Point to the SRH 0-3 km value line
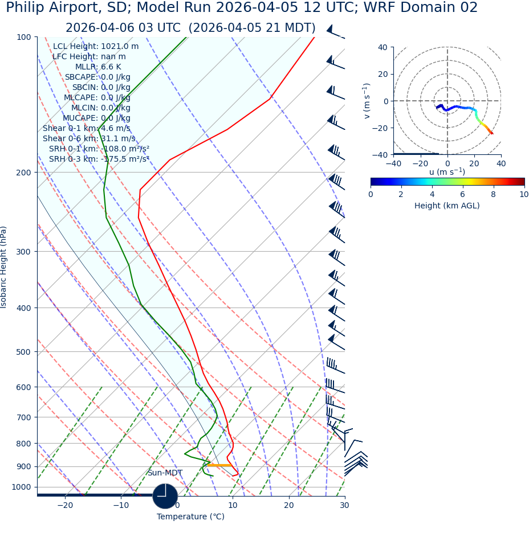tap(99, 159)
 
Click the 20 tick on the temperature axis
tap(288, 506)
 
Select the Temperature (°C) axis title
tap(190, 517)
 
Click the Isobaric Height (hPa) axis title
tap(5, 267)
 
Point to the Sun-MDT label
tap(165, 473)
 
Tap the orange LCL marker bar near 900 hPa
tap(219, 465)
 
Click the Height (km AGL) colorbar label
tap(447, 206)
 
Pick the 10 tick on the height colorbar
tap(523, 194)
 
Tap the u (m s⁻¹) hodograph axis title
tap(447, 172)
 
